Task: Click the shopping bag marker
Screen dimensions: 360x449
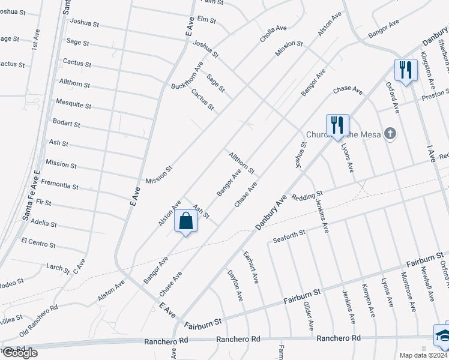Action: (x=186, y=221)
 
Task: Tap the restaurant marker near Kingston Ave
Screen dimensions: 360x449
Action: (x=406, y=70)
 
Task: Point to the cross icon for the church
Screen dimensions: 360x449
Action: (x=390, y=133)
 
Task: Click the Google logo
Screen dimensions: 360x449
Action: (x=19, y=353)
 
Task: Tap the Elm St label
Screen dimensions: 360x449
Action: (x=206, y=20)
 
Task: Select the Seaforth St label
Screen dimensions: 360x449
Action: (x=289, y=232)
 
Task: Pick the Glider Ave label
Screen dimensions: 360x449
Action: (x=308, y=316)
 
